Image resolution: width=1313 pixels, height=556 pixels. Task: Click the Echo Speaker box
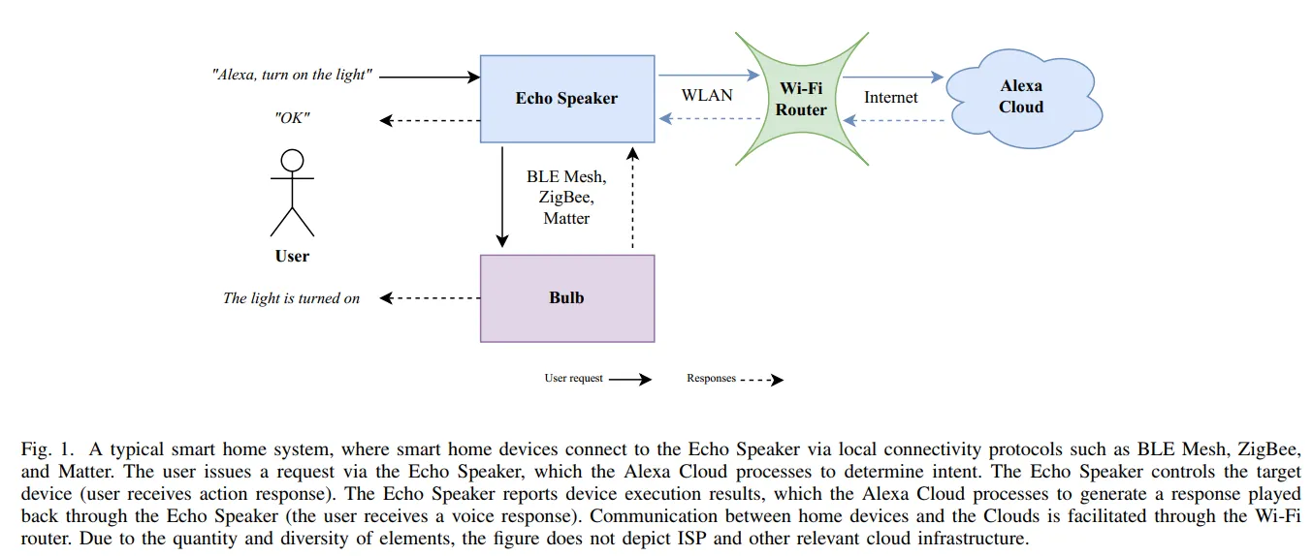point(566,98)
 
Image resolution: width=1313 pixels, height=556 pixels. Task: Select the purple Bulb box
point(566,297)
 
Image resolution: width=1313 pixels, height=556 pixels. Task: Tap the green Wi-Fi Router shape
point(800,98)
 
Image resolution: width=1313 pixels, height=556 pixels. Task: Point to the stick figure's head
point(292,161)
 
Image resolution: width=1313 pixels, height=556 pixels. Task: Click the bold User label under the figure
point(292,257)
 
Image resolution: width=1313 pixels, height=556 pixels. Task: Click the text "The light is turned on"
point(291,298)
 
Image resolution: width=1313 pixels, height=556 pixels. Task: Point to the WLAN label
point(707,96)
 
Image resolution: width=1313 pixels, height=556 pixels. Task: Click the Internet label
point(890,97)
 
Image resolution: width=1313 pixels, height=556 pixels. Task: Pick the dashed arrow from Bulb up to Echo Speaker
point(632,199)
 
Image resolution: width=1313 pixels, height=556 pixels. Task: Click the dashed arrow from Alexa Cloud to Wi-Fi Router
point(892,120)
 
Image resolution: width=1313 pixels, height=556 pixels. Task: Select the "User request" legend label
point(573,379)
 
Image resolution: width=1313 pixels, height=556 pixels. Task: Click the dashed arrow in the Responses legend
point(761,380)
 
